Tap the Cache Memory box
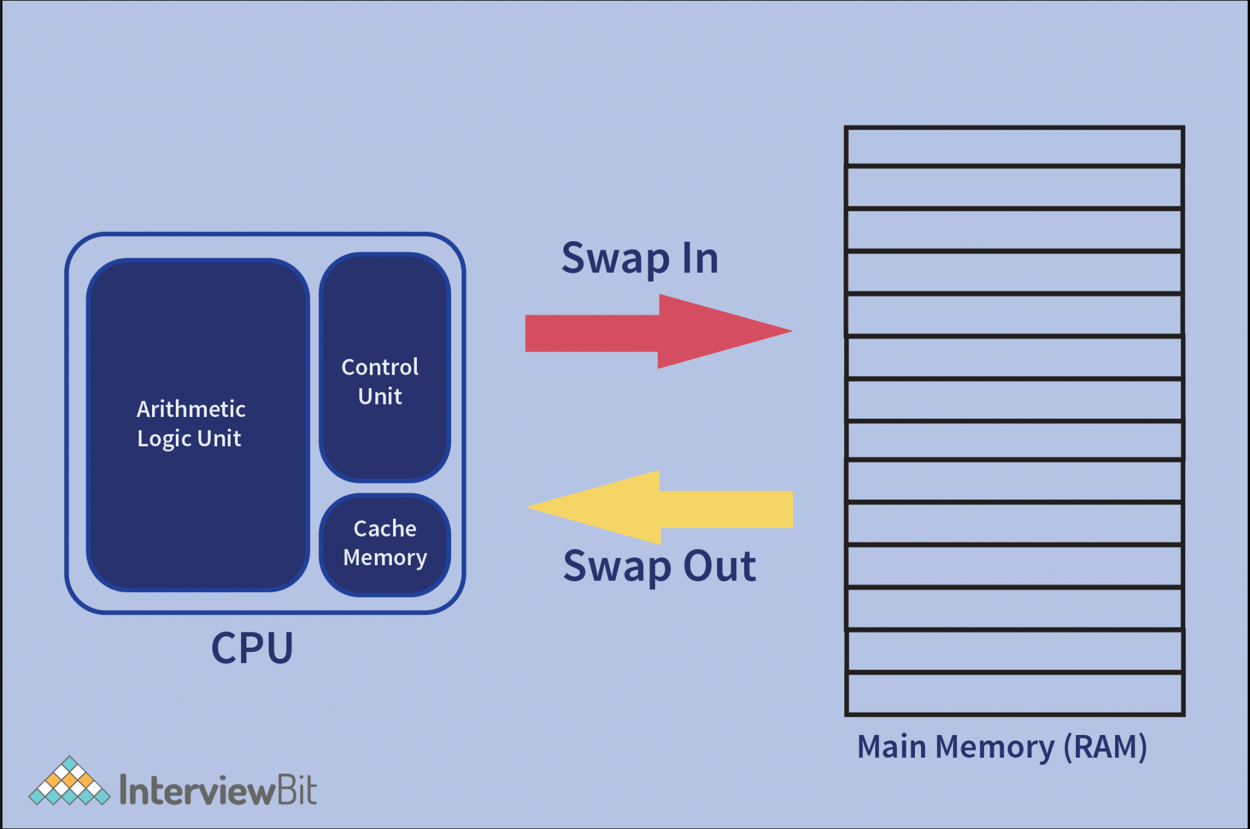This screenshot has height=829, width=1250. pyautogui.click(x=385, y=543)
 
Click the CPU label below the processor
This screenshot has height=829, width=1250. pyautogui.click(x=252, y=648)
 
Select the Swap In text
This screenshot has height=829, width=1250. pyautogui.click(x=640, y=258)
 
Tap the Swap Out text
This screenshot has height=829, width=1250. pyautogui.click(x=659, y=567)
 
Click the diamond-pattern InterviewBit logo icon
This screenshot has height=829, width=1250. pyautogui.click(x=70, y=783)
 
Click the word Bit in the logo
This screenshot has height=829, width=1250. pyautogui.click(x=297, y=791)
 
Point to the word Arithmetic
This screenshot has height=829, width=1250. pyautogui.click(x=191, y=409)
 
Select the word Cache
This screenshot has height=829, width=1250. pyautogui.click(x=385, y=529)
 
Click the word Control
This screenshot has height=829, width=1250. pyautogui.click(x=380, y=367)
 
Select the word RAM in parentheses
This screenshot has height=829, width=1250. pyautogui.click(x=1105, y=747)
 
